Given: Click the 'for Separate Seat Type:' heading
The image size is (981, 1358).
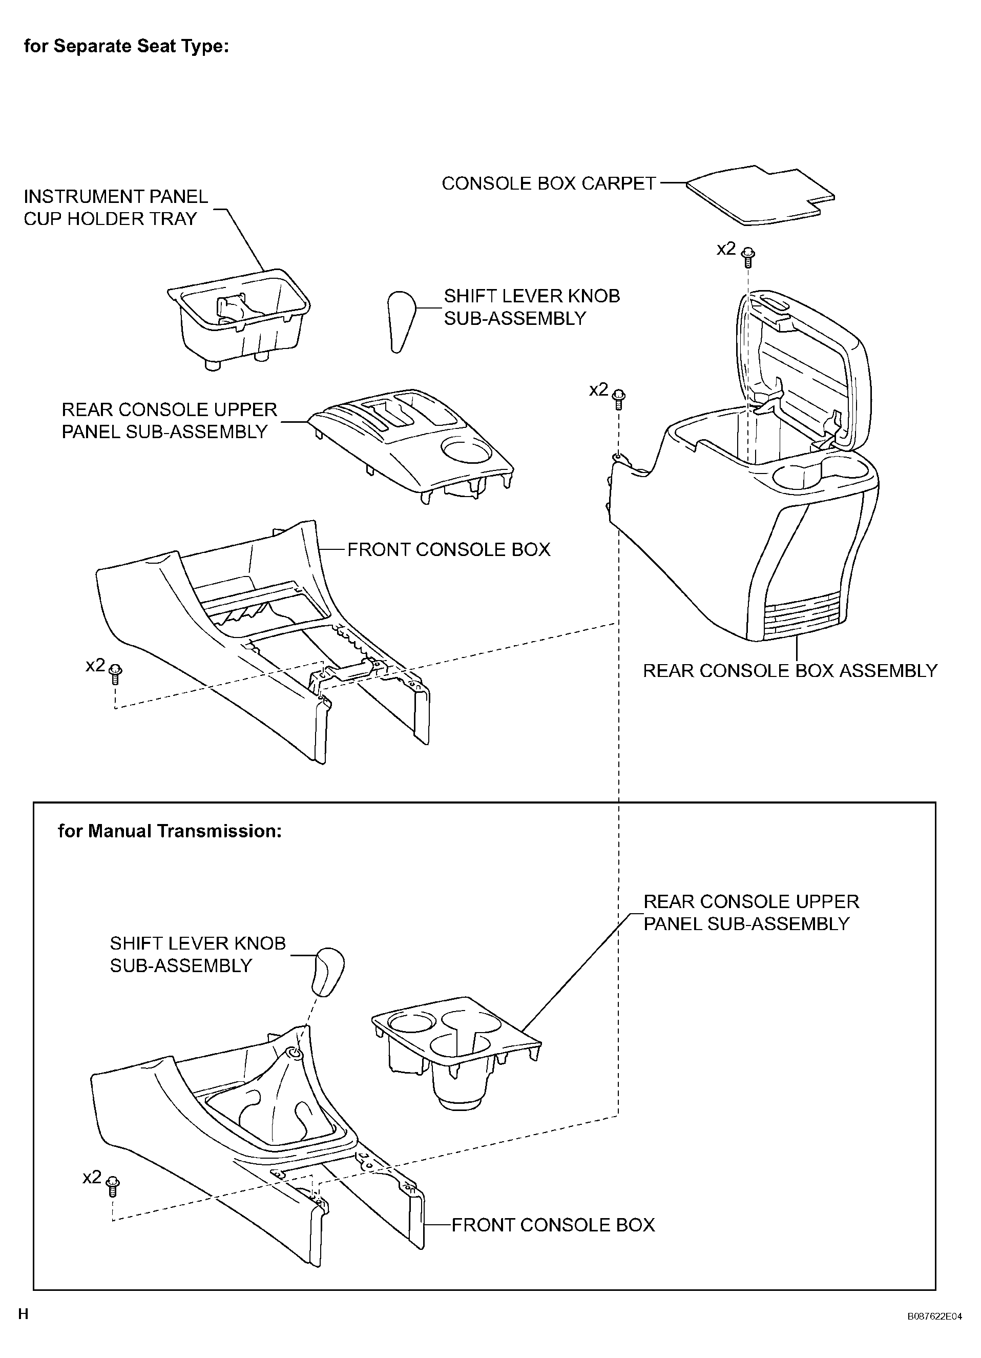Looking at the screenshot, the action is tap(127, 46).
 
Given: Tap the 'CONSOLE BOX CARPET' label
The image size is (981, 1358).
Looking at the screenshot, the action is tap(549, 183).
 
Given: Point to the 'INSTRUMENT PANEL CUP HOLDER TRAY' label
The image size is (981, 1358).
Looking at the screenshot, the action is tap(116, 207).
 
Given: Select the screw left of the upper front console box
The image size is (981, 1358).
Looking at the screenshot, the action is tap(116, 673).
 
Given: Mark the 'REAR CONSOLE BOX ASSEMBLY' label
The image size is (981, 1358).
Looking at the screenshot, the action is tap(790, 671).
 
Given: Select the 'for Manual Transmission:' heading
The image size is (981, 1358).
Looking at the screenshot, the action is tap(170, 831).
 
